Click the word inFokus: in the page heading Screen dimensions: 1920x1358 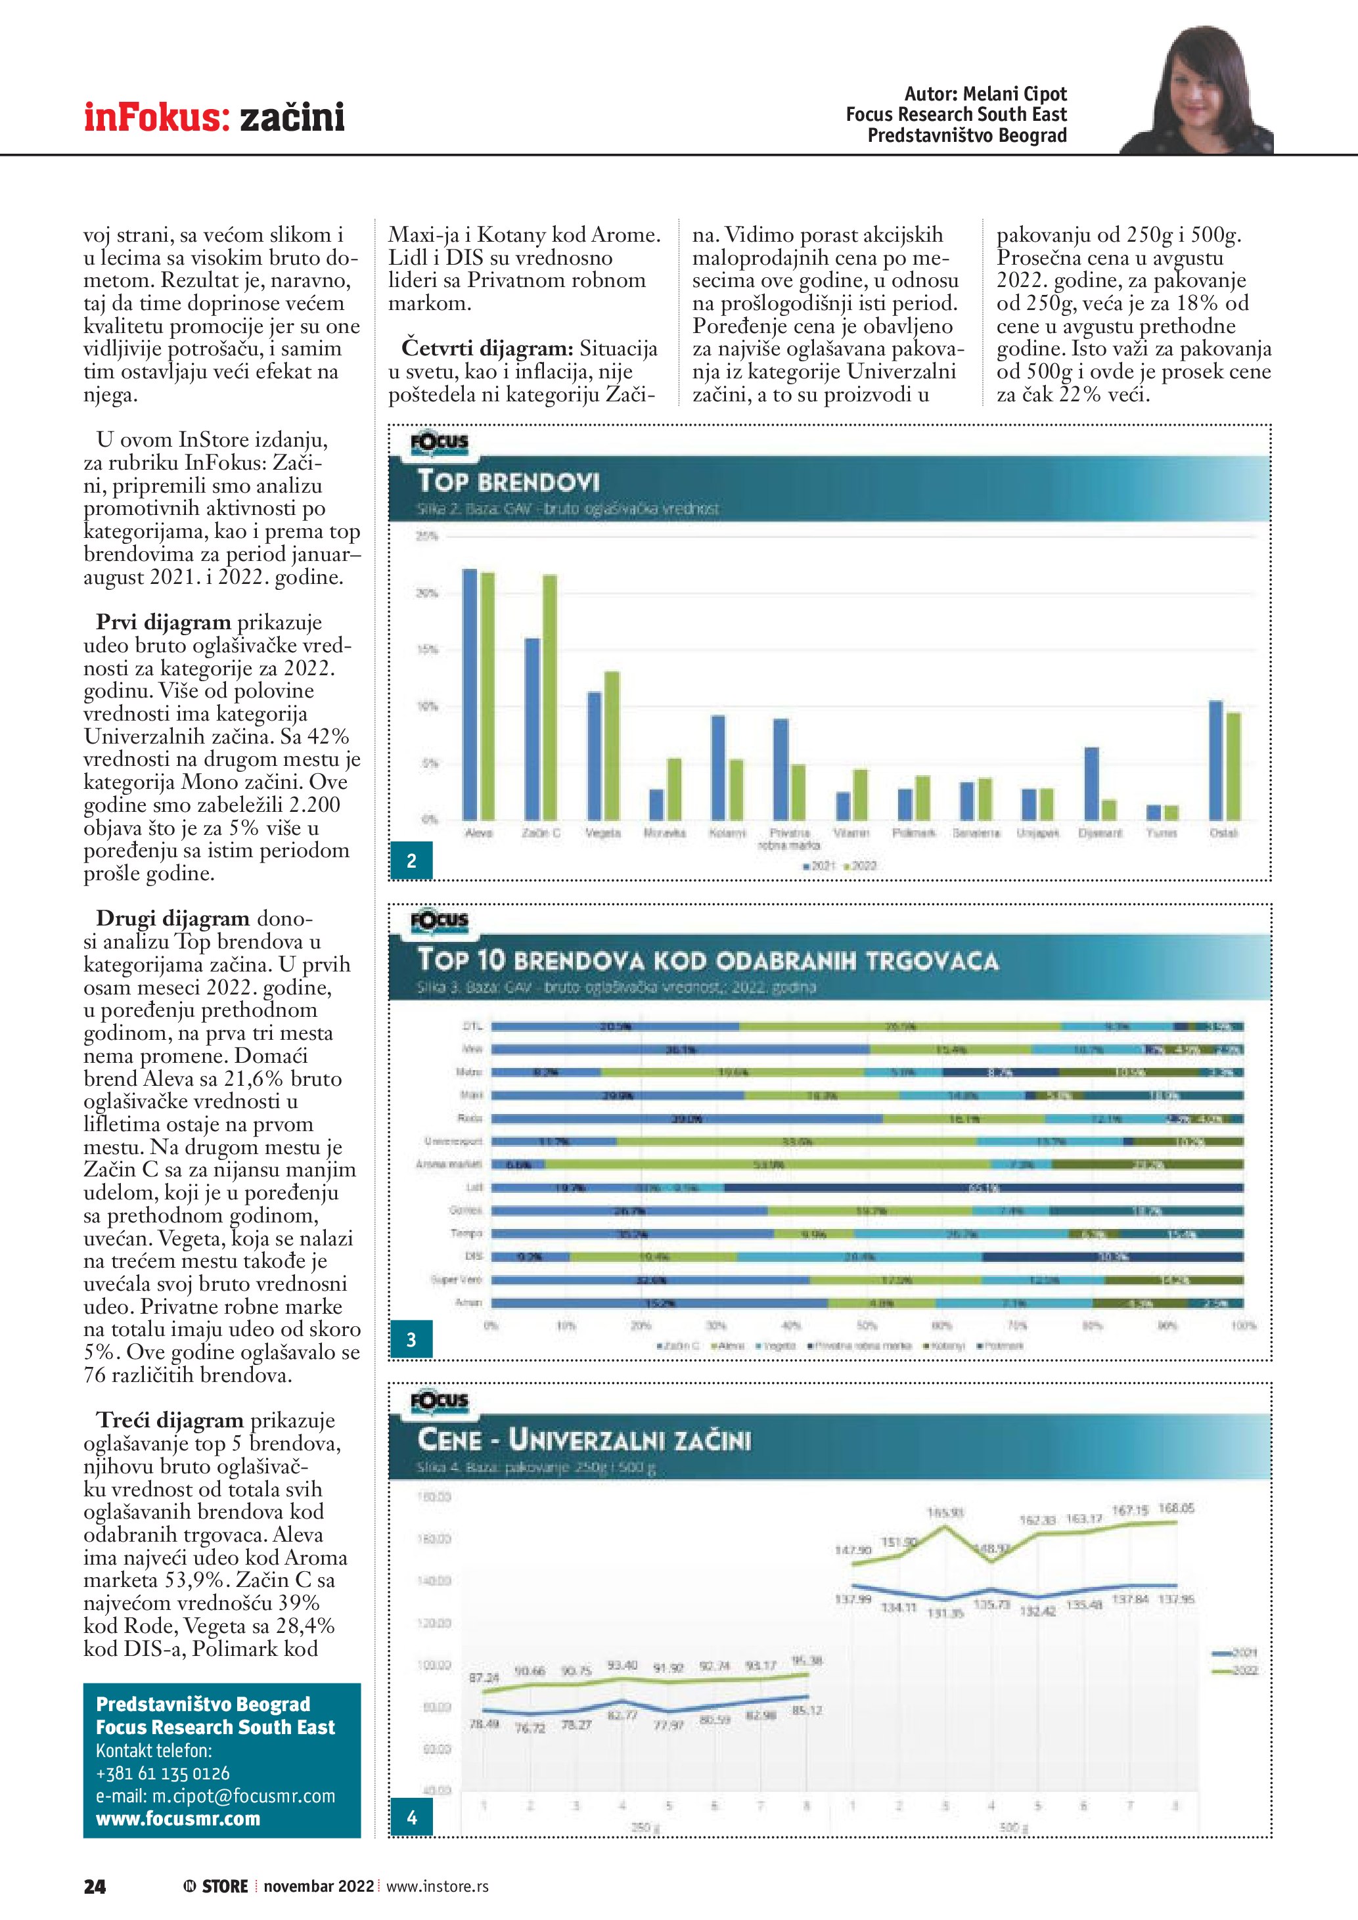(x=156, y=117)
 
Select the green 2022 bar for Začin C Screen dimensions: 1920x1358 (x=549, y=696)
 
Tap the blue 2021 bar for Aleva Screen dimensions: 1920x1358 (x=470, y=694)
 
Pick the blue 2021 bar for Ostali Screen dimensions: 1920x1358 (x=1216, y=760)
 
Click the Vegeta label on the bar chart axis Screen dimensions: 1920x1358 (x=602, y=833)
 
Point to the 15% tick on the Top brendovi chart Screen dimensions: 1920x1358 (x=427, y=650)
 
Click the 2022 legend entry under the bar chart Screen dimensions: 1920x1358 (x=861, y=866)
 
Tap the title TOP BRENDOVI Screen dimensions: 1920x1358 (x=509, y=481)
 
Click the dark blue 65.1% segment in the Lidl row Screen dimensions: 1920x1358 (x=984, y=1188)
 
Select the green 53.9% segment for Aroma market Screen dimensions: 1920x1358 (x=767, y=1164)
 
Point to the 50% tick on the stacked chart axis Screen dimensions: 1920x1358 (x=867, y=1326)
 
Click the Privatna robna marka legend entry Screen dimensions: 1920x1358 (x=861, y=1345)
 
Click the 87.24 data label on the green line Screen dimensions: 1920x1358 (x=484, y=1678)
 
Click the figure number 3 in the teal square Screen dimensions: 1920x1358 (x=411, y=1339)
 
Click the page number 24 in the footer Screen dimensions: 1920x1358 (x=95, y=1886)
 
